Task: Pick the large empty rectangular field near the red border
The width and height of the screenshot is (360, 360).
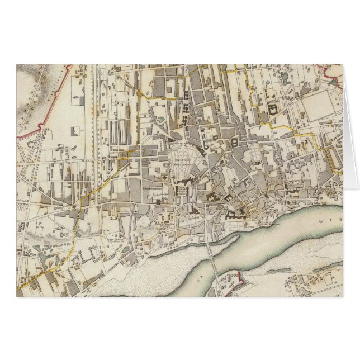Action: click(x=321, y=106)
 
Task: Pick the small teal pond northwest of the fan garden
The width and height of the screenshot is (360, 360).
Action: click(x=161, y=119)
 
